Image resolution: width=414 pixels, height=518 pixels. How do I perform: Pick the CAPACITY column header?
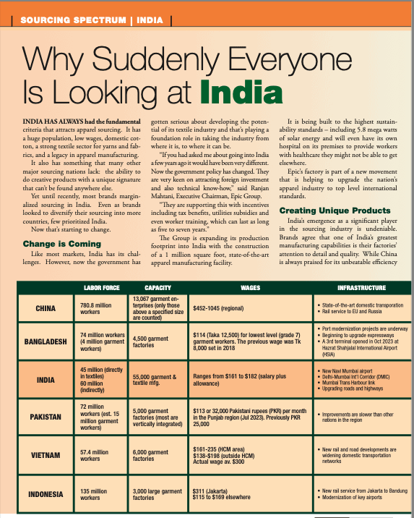[x=158, y=287]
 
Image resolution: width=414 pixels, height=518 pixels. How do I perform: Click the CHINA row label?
[x=46, y=307]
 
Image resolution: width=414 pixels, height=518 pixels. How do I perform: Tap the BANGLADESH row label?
[x=46, y=341]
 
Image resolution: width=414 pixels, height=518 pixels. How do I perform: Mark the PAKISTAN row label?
[x=46, y=417]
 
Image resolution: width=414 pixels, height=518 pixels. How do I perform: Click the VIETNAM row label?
[x=46, y=455]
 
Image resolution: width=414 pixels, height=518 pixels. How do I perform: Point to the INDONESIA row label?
[x=46, y=494]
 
